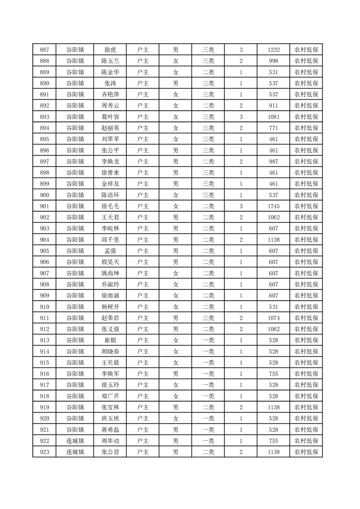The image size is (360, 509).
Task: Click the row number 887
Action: [x=44, y=50]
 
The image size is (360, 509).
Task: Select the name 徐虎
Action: [x=110, y=50]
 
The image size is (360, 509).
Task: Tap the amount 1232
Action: [x=274, y=50]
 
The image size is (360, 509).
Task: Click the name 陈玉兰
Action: [x=110, y=61]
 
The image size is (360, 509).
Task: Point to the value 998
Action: [x=274, y=61]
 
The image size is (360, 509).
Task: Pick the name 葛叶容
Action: [x=110, y=117]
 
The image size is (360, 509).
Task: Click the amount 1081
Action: [x=274, y=117]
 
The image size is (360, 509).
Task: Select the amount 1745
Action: [x=274, y=206]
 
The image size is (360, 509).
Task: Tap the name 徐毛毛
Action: [x=110, y=206]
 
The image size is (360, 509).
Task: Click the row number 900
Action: [x=44, y=195]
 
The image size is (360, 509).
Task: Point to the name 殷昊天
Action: [x=110, y=262]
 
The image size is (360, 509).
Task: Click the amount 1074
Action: [x=274, y=318]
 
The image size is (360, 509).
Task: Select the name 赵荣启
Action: [x=110, y=318]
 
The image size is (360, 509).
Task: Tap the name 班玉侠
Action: [x=110, y=419]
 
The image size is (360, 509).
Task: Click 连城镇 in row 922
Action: [x=75, y=441]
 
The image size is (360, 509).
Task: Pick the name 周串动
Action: [x=110, y=441]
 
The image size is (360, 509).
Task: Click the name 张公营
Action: [x=110, y=452]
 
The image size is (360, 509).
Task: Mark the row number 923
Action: [x=44, y=452]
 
